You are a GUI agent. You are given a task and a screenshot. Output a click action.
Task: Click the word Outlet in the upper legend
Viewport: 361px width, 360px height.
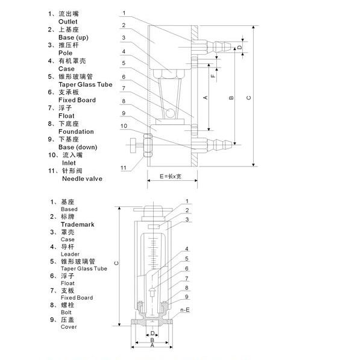(67, 22)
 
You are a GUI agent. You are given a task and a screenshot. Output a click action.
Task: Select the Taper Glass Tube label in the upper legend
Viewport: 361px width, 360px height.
(86, 84)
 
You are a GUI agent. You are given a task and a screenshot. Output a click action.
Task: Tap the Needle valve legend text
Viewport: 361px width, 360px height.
(82, 178)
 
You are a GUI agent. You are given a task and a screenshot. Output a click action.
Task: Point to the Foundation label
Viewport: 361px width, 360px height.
(76, 131)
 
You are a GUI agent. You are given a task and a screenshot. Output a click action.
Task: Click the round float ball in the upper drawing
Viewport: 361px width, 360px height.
(171, 113)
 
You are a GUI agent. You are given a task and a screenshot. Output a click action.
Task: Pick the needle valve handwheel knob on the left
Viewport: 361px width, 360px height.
(133, 145)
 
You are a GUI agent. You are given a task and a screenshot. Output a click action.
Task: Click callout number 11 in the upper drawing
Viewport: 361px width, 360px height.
(124, 168)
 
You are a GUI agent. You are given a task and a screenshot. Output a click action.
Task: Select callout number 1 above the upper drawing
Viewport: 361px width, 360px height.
(124, 13)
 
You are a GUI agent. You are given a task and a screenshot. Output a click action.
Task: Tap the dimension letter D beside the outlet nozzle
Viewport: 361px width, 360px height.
(240, 47)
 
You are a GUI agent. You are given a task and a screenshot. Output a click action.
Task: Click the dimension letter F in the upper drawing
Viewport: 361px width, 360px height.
(213, 75)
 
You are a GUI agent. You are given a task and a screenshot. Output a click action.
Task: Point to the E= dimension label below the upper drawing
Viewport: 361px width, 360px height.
(171, 177)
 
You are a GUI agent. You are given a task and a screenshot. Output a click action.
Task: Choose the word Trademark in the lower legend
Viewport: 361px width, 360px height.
(78, 224)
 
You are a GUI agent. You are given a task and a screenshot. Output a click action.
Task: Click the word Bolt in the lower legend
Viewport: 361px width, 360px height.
(66, 312)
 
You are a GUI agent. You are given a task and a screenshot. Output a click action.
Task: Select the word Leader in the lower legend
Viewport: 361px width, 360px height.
(70, 254)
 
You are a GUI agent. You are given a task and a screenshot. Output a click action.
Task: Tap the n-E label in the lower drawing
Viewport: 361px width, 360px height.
(185, 310)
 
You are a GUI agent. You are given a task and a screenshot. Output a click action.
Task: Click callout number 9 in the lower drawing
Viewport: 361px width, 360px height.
(187, 297)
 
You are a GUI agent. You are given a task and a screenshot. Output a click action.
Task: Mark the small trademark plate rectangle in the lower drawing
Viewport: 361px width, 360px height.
(154, 227)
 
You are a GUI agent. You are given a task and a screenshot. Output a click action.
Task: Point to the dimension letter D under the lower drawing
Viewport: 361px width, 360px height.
(152, 333)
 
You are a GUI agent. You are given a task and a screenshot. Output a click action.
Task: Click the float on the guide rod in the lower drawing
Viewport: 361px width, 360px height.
(152, 292)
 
